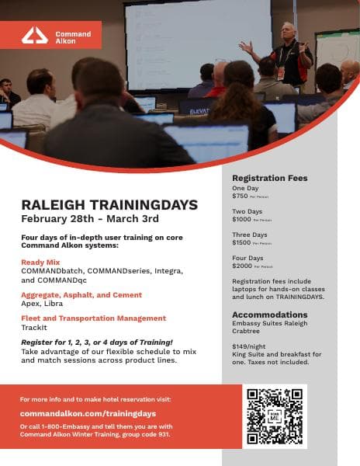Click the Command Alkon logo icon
pos(35,35)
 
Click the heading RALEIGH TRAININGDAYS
pos(109,205)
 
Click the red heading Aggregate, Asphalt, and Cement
pos(81,295)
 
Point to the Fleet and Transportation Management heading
pos(94,318)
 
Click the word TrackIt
pos(34,329)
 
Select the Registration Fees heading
pos(269,179)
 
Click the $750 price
pos(241,196)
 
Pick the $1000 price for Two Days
pos(242,220)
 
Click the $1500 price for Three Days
pos(242,243)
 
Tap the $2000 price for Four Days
pos(242,266)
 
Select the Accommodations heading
pos(269,315)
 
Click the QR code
pos(275,416)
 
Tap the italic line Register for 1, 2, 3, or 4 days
pos(97,342)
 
